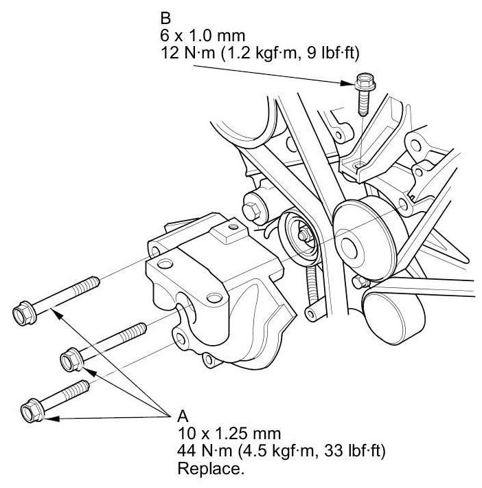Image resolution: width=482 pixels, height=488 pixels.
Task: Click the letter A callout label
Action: (183, 416)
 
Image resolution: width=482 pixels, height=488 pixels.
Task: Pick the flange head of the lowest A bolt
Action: (32, 410)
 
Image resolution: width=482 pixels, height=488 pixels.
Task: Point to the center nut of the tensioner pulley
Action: (303, 236)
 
